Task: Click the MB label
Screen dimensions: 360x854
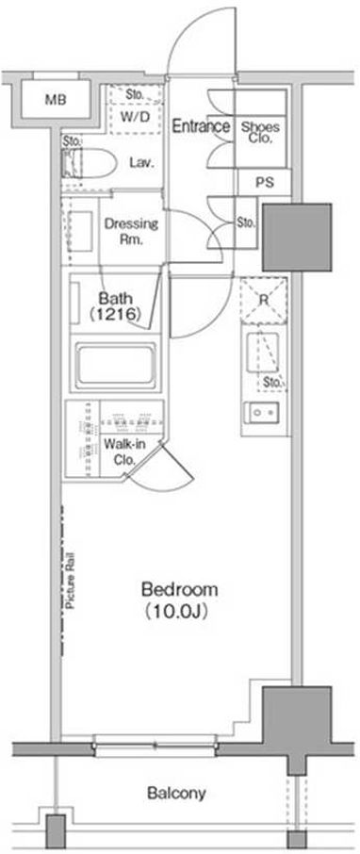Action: pos(53,100)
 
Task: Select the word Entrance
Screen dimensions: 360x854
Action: pos(201,126)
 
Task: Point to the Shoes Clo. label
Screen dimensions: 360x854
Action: pos(260,132)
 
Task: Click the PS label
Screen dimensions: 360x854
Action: pos(264,183)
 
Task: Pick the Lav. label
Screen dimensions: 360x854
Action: pos(140,162)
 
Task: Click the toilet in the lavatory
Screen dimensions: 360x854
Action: pos(90,163)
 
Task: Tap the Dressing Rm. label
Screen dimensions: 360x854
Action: pos(131,231)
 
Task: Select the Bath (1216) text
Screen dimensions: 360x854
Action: pos(116,306)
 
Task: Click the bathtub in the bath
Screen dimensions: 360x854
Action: pos(116,363)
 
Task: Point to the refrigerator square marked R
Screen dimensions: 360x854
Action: pos(264,300)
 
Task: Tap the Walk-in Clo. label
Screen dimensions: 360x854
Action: pos(124,452)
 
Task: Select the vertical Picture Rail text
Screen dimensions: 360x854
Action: pos(71,581)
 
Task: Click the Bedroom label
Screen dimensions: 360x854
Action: pos(180,589)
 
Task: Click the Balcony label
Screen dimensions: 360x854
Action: pos(176,793)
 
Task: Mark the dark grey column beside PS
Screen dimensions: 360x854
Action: pos(297,238)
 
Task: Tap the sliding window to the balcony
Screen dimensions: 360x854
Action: pos(155,746)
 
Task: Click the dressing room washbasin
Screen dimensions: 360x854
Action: pos(81,232)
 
